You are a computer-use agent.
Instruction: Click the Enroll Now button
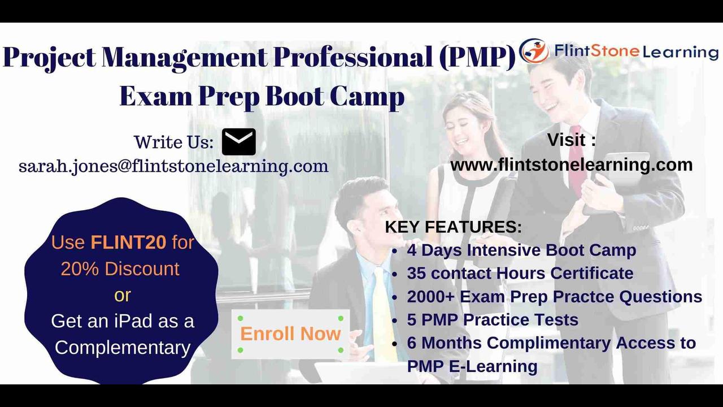[x=290, y=334]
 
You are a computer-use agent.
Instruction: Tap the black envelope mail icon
[x=238, y=142]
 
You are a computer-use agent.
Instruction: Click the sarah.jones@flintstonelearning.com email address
[x=173, y=166]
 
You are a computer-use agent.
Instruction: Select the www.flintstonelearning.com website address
[x=571, y=164]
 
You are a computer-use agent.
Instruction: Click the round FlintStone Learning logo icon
[x=534, y=51]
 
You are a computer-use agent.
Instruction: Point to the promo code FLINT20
[x=129, y=243]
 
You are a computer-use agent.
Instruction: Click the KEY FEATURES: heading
[x=453, y=227]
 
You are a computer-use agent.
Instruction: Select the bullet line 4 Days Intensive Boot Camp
[x=521, y=250]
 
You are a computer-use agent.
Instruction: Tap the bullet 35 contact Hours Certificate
[x=520, y=273]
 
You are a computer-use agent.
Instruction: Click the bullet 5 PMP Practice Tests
[x=493, y=319]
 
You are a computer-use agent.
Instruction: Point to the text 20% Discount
[x=120, y=269]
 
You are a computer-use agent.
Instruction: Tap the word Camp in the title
[x=367, y=97]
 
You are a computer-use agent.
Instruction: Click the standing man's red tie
[x=577, y=158]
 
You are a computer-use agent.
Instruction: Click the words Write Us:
[x=173, y=142]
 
